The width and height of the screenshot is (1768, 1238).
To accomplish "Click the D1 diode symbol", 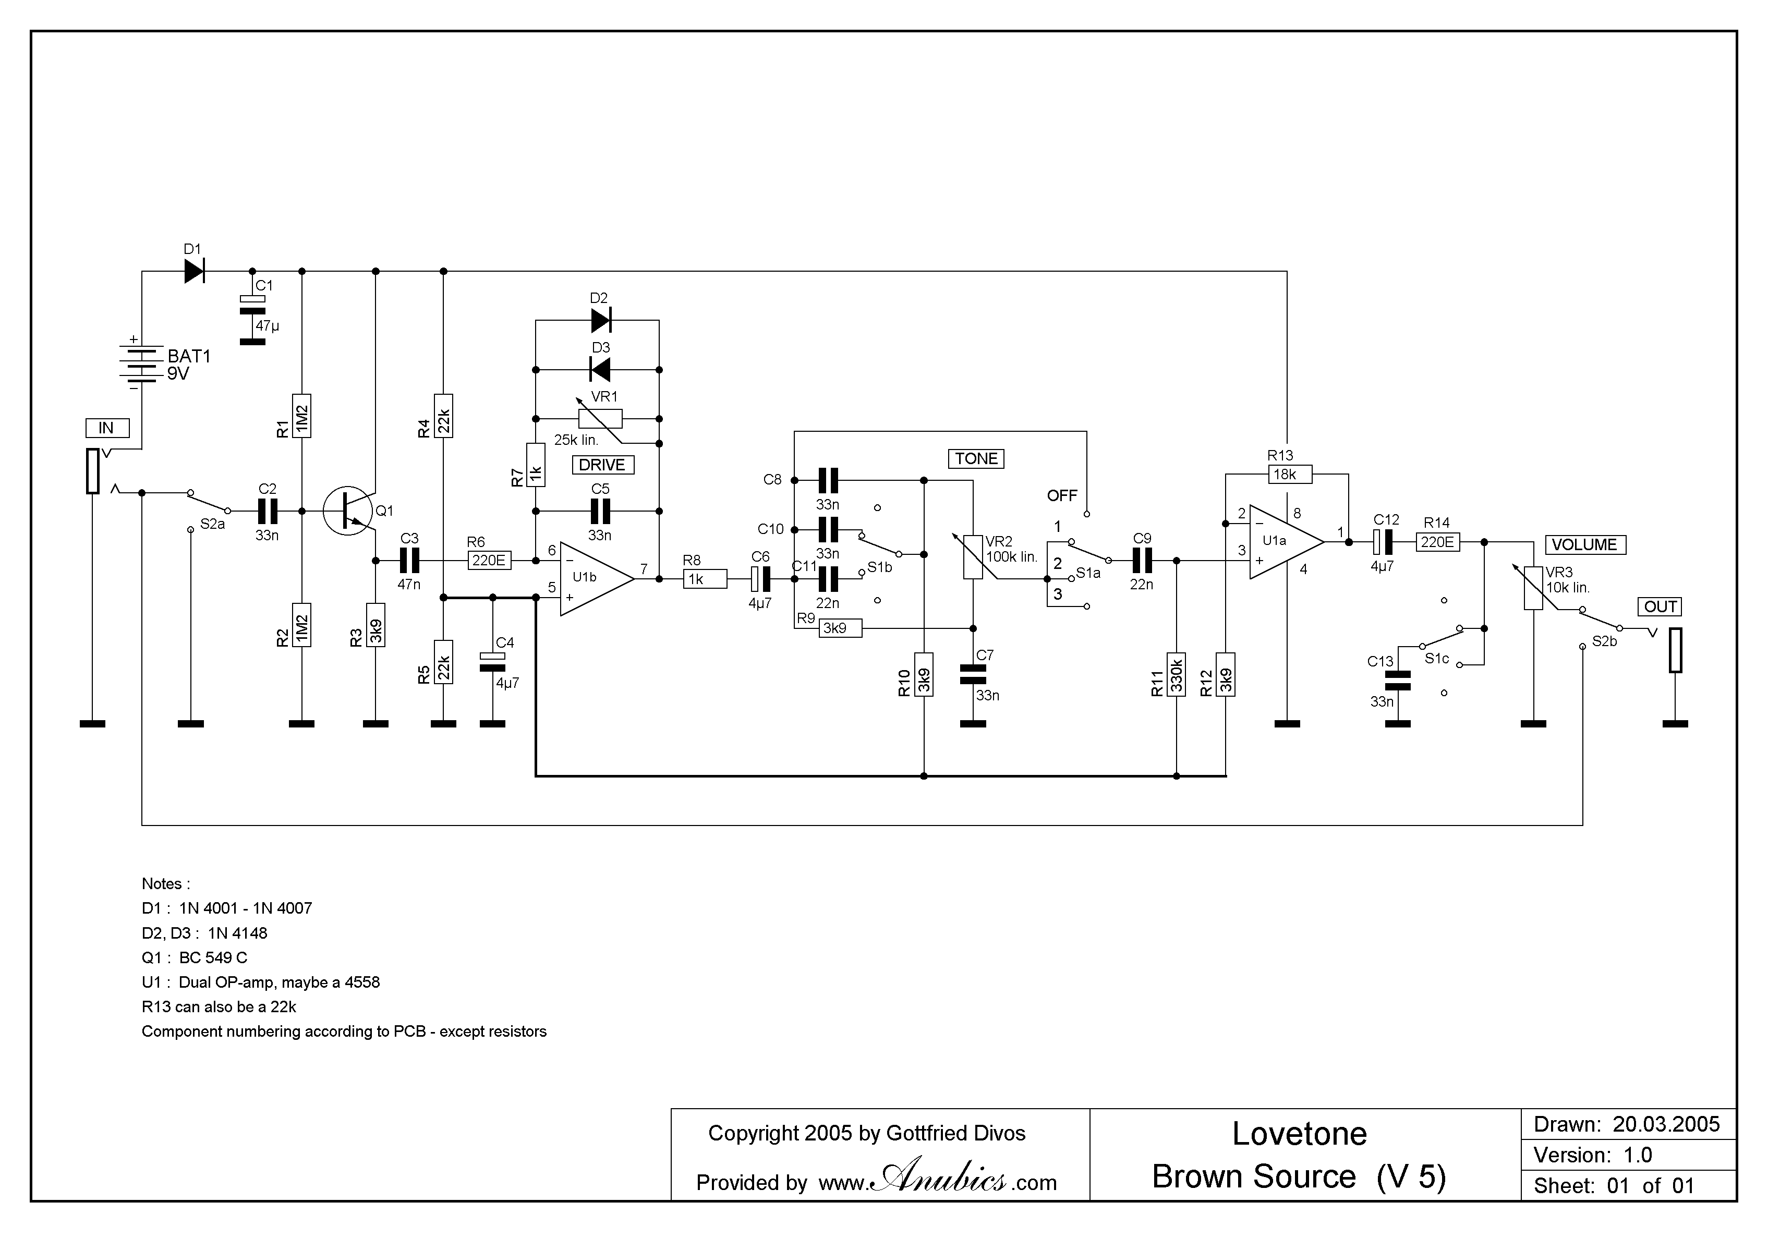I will pos(194,271).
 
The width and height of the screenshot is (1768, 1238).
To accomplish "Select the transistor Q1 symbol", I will pos(348,511).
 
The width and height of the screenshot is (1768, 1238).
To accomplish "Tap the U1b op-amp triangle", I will pos(593,579).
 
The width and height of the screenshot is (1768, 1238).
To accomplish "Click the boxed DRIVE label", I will pos(602,465).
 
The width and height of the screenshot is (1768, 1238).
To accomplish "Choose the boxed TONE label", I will pos(976,459).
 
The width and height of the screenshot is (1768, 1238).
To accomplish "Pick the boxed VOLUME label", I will pos(1584,545).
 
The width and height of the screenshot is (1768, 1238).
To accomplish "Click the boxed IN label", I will pos(106,428).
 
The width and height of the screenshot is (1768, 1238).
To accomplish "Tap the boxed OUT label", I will pos(1660,606).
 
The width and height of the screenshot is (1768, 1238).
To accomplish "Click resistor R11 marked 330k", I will pos(1176,674).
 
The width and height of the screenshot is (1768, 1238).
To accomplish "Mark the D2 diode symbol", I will pos(601,320).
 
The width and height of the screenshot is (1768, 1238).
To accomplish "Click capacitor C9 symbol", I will pos(1142,561).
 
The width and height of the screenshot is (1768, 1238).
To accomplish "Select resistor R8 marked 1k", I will pos(705,579).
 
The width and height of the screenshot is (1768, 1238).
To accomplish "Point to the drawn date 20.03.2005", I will pos(1666,1124).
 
